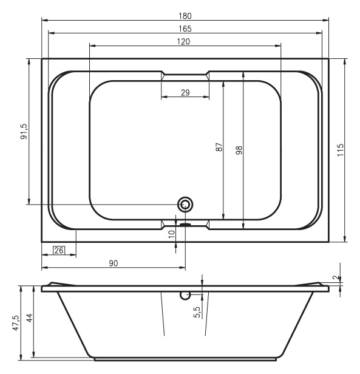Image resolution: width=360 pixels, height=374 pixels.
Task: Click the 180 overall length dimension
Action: tap(185, 16)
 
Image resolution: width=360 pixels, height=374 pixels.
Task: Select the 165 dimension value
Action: tap(185, 29)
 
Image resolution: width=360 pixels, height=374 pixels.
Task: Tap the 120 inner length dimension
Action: tap(183, 42)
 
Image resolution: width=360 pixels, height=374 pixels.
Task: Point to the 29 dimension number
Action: tap(185, 92)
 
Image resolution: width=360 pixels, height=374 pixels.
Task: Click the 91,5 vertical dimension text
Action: tap(24, 131)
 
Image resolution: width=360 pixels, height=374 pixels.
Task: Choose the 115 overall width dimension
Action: tap(341, 150)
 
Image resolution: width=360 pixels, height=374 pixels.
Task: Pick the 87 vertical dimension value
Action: tap(219, 147)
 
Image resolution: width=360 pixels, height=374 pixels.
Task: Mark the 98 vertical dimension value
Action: tap(239, 151)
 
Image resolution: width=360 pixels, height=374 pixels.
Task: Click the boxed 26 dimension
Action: tap(59, 250)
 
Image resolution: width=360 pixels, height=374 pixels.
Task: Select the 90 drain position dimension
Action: tap(114, 263)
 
